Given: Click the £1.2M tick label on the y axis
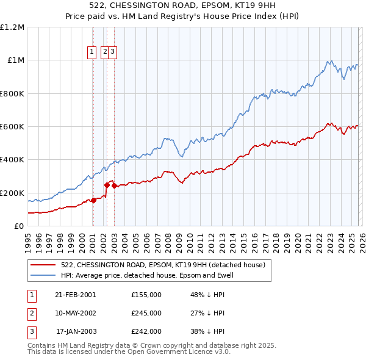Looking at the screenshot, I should click(x=12, y=27).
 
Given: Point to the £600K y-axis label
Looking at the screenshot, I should click(x=12, y=127).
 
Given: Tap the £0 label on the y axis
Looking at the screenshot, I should click(x=19, y=226).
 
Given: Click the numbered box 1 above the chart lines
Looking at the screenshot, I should click(x=93, y=52).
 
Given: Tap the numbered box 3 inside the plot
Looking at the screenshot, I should click(x=113, y=52).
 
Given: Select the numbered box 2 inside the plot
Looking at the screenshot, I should click(x=105, y=52).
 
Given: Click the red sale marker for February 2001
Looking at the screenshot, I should click(x=94, y=200).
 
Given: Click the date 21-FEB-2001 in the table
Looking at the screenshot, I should click(x=75, y=294).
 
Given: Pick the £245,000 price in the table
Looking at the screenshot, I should click(x=146, y=313).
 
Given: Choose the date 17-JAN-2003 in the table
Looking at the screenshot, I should click(x=76, y=332).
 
